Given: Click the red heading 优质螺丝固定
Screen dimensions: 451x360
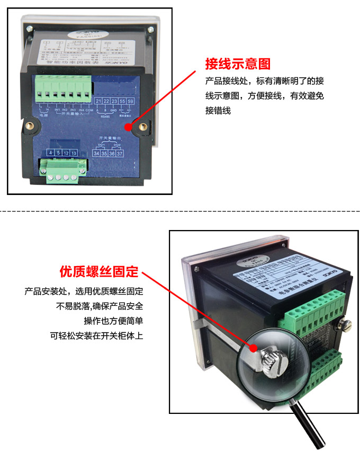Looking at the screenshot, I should point(98,272).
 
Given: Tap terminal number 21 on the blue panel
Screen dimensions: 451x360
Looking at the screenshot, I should point(98,101).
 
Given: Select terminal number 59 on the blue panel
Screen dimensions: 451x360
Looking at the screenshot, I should point(130,101).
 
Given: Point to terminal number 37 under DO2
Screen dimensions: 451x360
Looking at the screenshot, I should point(120,154).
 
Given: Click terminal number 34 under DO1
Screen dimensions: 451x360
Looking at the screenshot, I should point(96,154).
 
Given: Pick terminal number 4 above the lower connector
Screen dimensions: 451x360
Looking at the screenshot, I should point(50,153).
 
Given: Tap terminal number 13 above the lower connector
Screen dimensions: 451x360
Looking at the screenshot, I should point(74,153).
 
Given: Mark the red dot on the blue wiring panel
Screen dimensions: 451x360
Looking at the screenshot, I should point(128,128).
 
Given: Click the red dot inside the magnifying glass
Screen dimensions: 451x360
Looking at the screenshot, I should point(254,348).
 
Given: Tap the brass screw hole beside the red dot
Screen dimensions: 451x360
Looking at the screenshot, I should point(143,126).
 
